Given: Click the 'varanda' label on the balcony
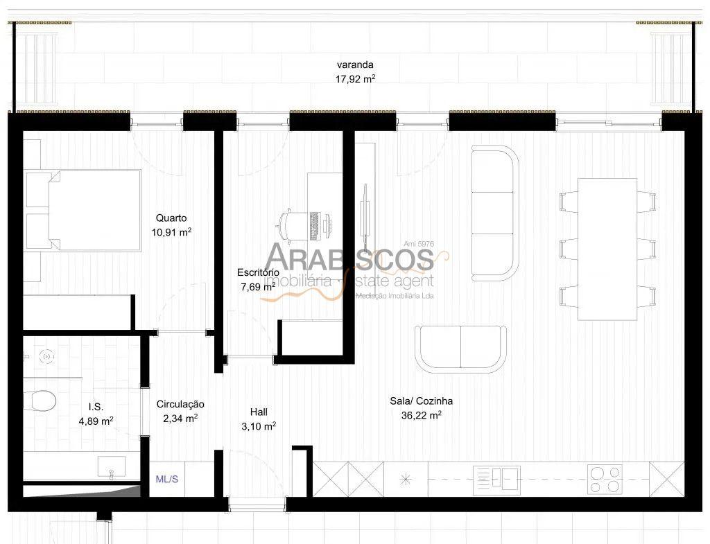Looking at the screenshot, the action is coord(355,64).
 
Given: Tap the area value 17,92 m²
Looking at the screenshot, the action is coord(356,79).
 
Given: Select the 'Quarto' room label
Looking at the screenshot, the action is coord(171,218).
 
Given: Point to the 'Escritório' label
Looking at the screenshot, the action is coord(258,272).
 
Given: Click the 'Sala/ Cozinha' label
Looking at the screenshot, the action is coord(421,401).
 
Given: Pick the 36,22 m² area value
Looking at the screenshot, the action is coord(421,415).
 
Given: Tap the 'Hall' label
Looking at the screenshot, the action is coord(259,412).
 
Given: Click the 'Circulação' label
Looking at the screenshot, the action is coord(180,404).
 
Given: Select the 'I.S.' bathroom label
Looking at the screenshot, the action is coord(96,407).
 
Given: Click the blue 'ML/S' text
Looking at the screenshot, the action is coord(166,480).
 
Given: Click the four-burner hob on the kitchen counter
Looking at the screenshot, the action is coord(605,480).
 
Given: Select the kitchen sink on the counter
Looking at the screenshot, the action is coord(496,480).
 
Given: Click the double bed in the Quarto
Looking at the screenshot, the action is coord(83,211).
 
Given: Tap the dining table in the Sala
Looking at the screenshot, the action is coord(607,249).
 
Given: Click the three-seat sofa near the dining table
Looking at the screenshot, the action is coord(495,213).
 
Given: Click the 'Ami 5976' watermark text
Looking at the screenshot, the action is coord(419,244).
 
